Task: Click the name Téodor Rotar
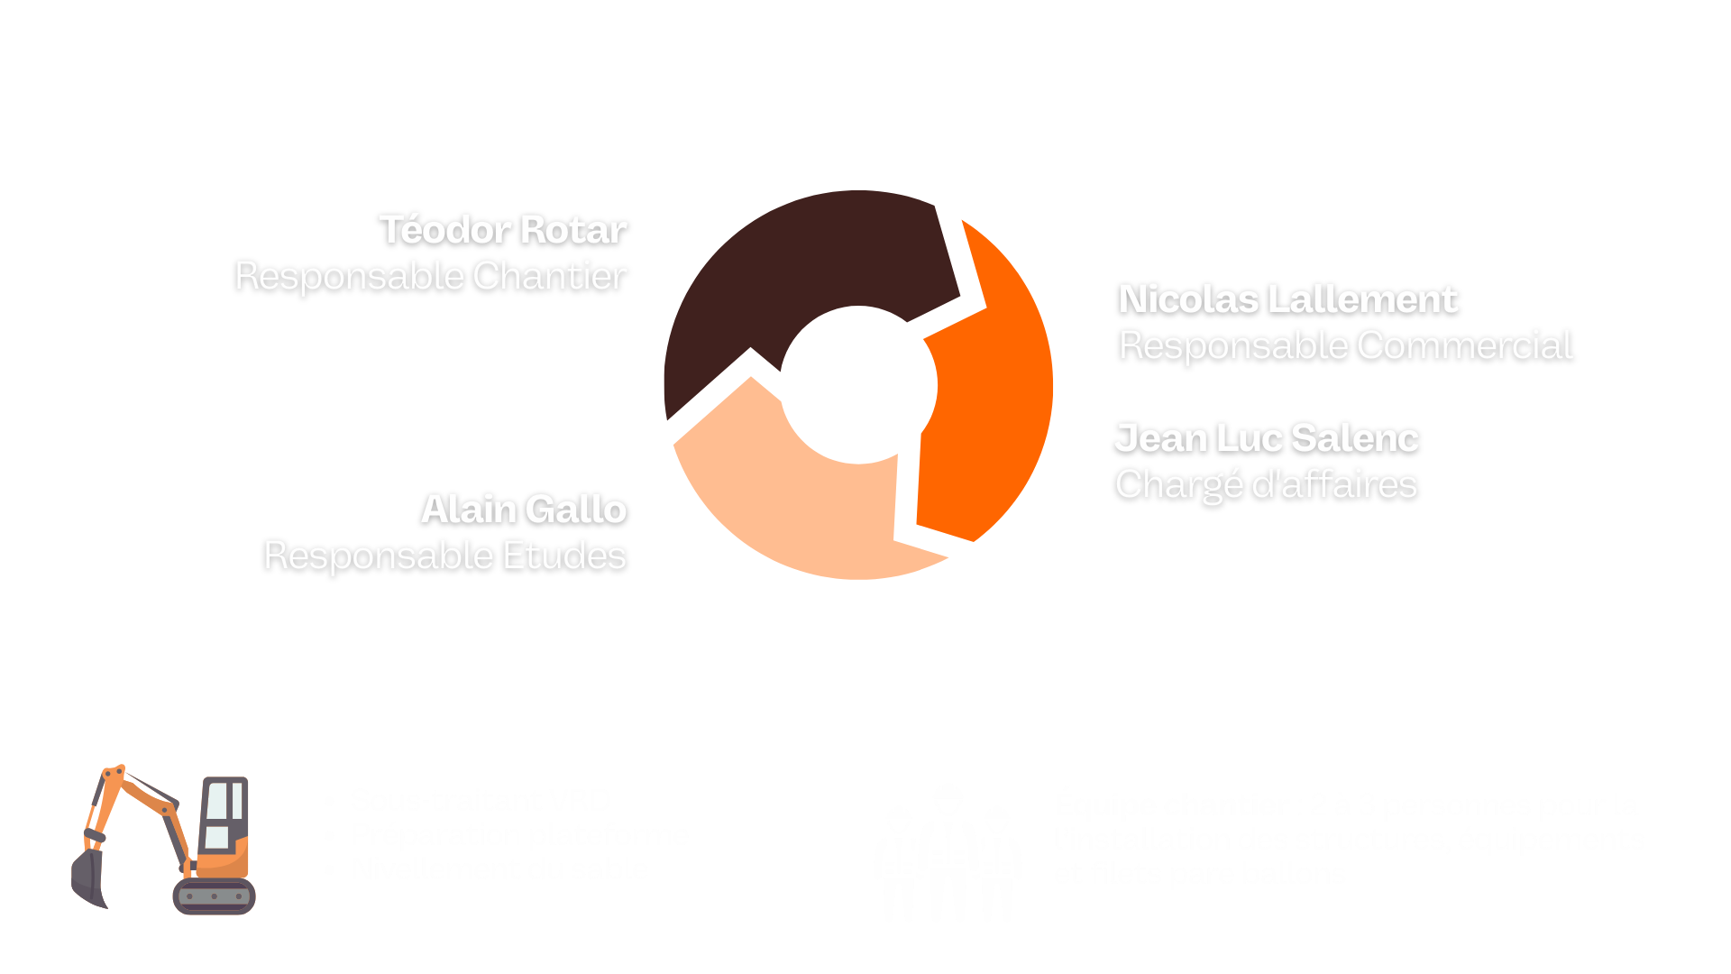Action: tap(502, 230)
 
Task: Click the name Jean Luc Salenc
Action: tap(1266, 438)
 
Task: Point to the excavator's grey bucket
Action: tap(88, 879)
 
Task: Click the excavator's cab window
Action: tap(222, 812)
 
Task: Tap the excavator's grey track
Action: tap(214, 896)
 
